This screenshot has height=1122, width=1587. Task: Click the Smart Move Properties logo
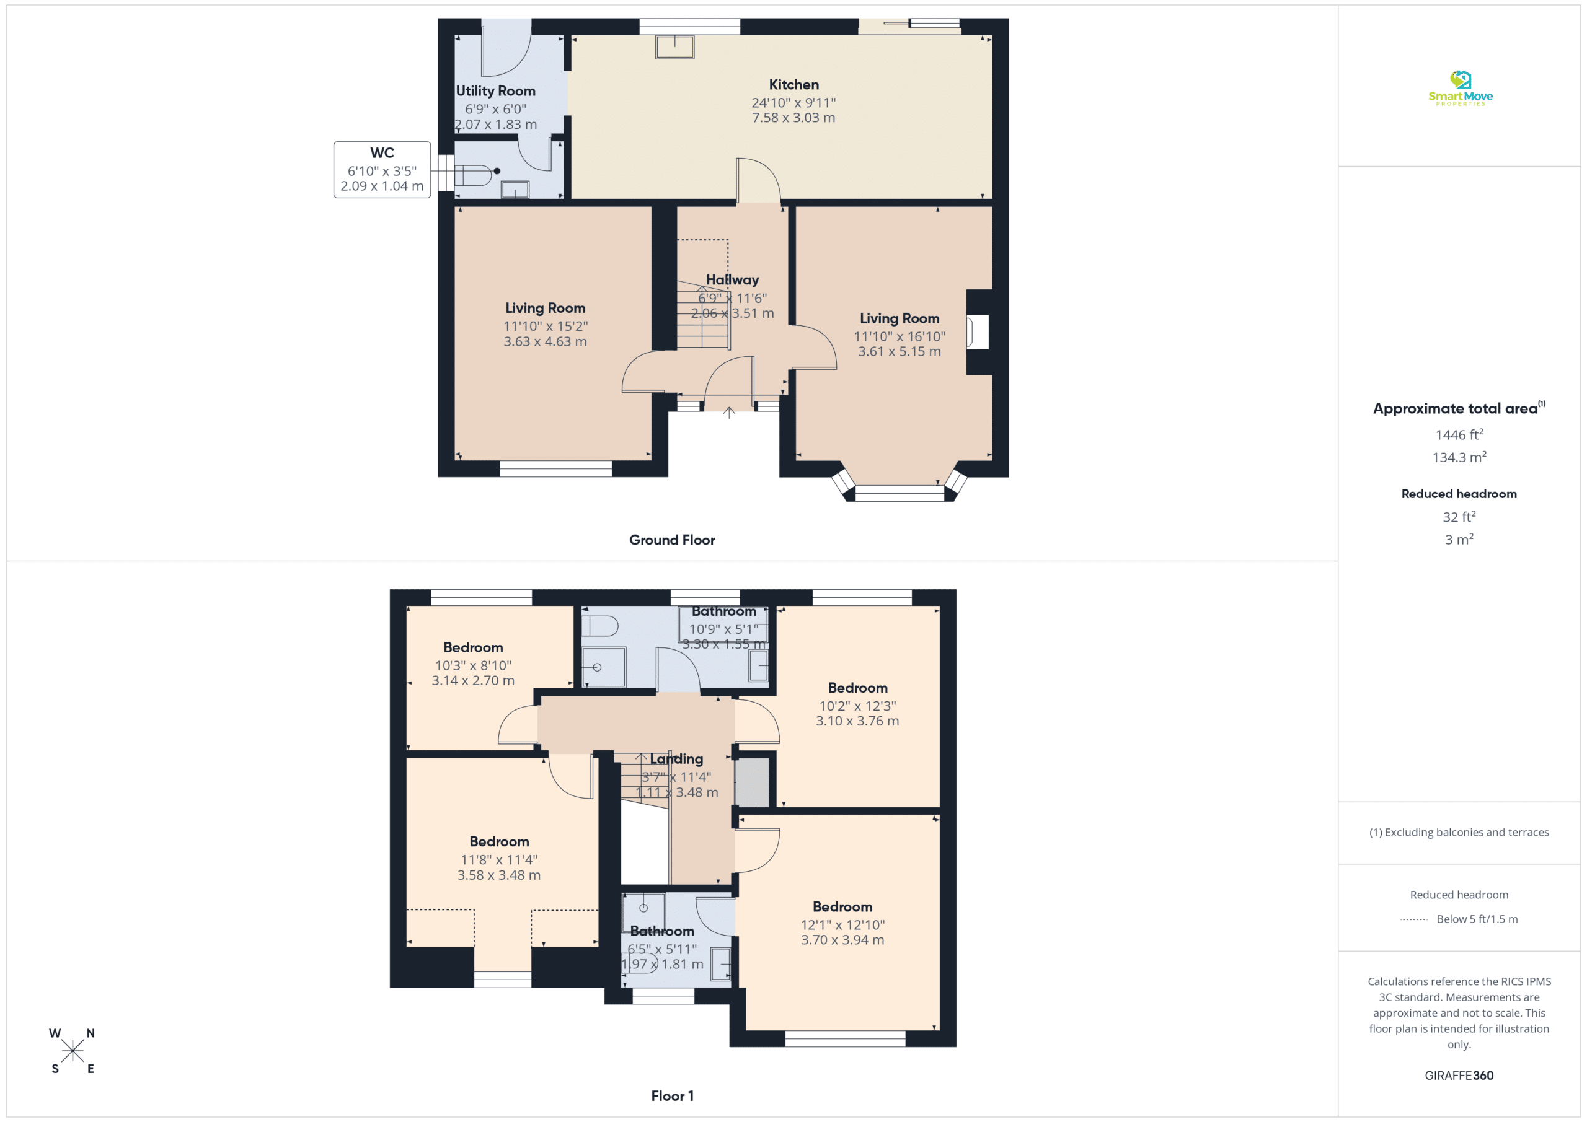coord(1460,88)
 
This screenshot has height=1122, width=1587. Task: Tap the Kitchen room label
coord(793,84)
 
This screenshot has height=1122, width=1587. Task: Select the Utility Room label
coord(495,90)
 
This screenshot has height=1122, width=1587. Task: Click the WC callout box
coord(382,170)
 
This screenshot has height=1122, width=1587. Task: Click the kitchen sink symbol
coord(674,47)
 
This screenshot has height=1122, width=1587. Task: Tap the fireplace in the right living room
coord(978,332)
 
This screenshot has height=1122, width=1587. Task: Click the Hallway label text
coord(732,280)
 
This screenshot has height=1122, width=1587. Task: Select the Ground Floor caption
coord(672,540)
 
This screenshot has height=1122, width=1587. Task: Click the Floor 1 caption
coord(672,1096)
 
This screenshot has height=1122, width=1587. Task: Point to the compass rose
coord(72,1051)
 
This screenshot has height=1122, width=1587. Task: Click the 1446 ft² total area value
coord(1459,434)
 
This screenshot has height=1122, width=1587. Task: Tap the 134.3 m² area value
coord(1459,457)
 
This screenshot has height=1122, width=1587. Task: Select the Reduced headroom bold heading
coord(1459,493)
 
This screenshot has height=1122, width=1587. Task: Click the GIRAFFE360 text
coord(1459,1075)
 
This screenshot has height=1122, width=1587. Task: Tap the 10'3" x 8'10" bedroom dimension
coord(473,665)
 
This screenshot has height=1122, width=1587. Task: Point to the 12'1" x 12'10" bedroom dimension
coord(842,924)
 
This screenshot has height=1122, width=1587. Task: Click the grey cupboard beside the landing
coord(752,782)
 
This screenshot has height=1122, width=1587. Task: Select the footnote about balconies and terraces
coord(1459,832)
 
